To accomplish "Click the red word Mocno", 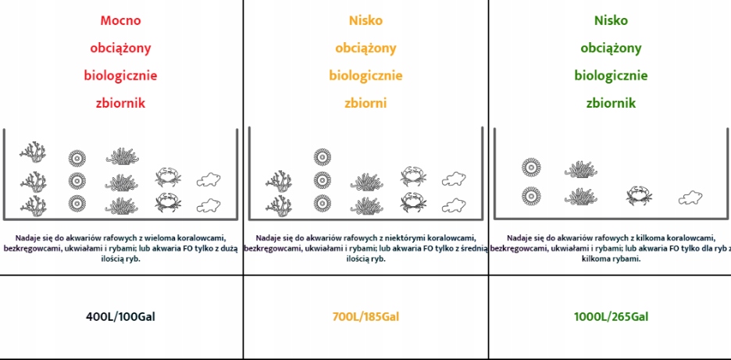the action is pos(120,21).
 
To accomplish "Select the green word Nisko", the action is pos(610,21).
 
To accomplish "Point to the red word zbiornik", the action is pos(120,103).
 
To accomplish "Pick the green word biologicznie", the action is pos(610,76).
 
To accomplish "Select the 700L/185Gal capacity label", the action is pos(367,317).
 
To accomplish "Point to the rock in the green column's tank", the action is pos(690,197).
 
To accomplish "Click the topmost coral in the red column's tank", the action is pos(33,151).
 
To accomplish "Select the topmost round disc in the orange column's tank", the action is pos(323,155).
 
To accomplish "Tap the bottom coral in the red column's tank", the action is pos(33,205).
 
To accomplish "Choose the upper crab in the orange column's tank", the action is pos(413,176).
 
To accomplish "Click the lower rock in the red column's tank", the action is pos(206,205).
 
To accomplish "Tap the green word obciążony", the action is pos(610,48).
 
